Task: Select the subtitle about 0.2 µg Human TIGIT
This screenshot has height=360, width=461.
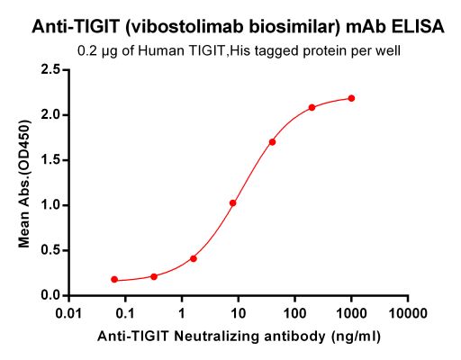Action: click(x=238, y=50)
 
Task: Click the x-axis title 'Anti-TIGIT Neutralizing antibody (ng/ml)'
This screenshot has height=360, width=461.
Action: click(x=238, y=337)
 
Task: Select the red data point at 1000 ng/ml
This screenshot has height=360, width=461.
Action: click(x=351, y=98)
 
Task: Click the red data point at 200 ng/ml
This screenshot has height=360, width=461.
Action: click(x=312, y=107)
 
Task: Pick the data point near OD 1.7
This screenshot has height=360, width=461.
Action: click(x=272, y=141)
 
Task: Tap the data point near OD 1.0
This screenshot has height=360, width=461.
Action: click(x=232, y=202)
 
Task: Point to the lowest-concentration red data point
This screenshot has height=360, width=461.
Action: click(x=114, y=280)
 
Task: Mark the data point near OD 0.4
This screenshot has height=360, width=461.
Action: click(x=194, y=258)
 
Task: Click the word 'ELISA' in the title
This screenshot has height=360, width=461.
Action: click(x=420, y=27)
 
